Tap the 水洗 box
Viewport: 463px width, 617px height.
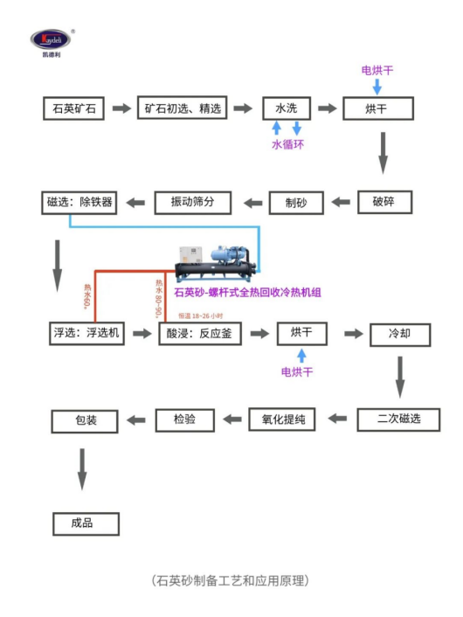point(287,108)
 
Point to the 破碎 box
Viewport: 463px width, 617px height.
point(384,202)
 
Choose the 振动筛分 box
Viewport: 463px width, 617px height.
point(193,202)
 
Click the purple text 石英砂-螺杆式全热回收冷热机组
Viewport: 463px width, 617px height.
point(248,293)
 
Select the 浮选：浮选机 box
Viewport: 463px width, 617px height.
point(87,334)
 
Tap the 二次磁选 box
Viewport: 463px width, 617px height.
point(398,419)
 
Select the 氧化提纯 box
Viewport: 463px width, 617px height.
point(282,419)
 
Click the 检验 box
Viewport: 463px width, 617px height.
point(185,419)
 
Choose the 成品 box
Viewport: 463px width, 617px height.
point(85,523)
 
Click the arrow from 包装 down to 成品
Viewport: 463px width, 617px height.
point(82,468)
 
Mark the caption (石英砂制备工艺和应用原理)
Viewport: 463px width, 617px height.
point(231,580)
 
